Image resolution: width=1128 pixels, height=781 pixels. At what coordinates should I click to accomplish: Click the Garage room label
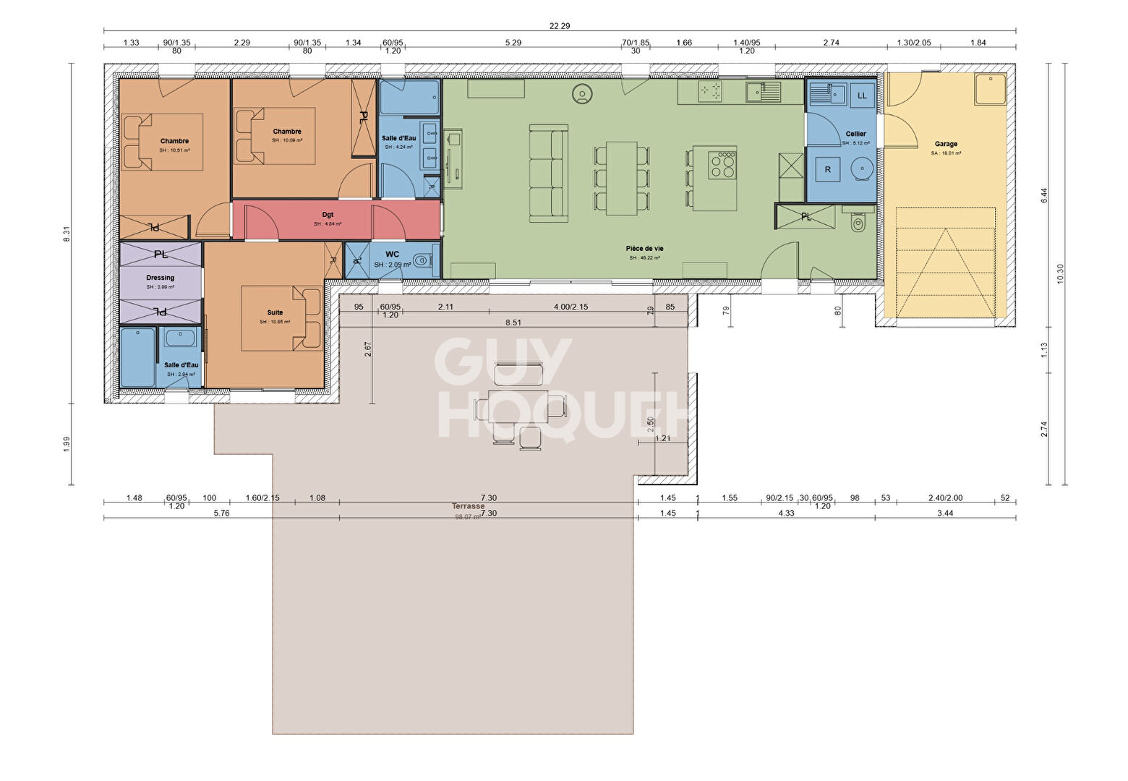coord(945,144)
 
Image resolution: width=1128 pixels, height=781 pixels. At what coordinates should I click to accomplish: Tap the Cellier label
coord(855,134)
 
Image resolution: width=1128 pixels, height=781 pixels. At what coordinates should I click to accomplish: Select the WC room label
coord(393,254)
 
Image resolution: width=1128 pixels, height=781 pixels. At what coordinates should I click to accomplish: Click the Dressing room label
coord(160,278)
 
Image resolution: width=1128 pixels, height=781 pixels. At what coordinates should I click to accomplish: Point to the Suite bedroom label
coord(275,312)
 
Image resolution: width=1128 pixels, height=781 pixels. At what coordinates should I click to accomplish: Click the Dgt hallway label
coord(328,215)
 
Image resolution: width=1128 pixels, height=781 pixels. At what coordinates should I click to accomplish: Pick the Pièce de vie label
coord(645,249)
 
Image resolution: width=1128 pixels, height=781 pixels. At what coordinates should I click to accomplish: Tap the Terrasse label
coord(469,506)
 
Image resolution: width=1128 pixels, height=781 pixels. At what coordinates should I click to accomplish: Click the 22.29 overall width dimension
coord(559,25)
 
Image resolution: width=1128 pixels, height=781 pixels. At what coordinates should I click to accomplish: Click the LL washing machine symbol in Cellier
coord(862,95)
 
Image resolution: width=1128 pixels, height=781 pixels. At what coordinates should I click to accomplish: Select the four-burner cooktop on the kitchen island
coord(722,163)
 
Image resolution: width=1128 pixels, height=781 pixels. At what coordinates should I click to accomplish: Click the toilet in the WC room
coord(423,260)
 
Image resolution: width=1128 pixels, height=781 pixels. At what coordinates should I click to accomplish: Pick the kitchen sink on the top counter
coord(764,91)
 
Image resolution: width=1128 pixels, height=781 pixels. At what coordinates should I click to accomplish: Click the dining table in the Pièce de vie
coord(621,178)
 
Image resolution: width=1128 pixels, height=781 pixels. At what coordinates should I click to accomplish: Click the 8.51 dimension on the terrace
coord(513,323)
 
